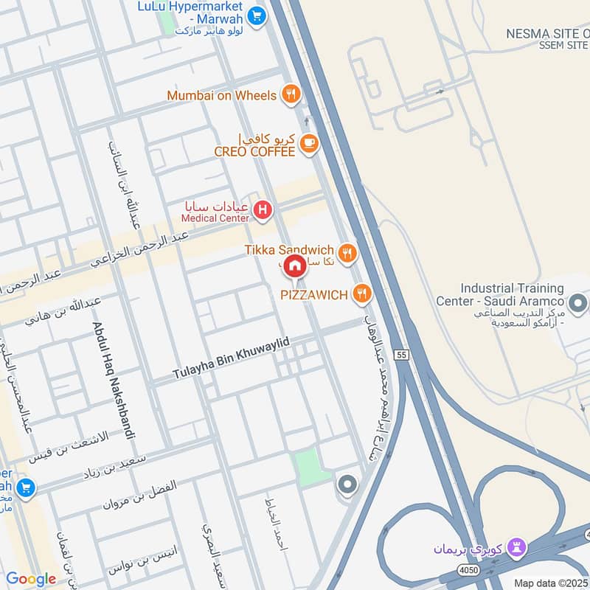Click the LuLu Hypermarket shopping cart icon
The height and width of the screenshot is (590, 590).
[256, 14]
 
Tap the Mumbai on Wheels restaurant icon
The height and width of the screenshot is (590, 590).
[291, 94]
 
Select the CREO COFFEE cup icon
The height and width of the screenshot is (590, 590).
[308, 145]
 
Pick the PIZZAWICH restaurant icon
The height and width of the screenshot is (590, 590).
[361, 294]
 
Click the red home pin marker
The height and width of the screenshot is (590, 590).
[295, 266]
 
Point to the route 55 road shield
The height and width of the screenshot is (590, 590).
[400, 355]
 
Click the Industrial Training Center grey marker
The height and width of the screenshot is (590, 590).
[578, 303]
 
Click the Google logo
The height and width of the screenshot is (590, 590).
[31, 579]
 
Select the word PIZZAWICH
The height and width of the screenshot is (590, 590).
[313, 295]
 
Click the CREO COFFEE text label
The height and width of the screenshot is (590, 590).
[254, 151]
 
